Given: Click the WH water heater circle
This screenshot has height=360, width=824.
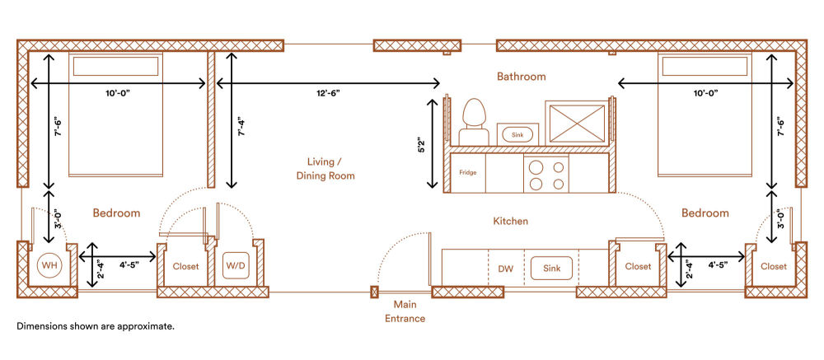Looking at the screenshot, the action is coord(50,266).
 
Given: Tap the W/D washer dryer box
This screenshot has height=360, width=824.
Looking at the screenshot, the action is coord(235,266).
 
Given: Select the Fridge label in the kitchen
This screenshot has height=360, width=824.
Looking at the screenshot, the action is coord(468,172).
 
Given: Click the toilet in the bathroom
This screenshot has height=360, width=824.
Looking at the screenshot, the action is coord(474,122).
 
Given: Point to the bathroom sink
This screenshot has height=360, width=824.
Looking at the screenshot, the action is coord(517,134).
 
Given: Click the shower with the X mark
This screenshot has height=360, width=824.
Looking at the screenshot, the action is coord(577,123).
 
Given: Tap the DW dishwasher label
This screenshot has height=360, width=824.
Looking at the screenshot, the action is coord(506,269).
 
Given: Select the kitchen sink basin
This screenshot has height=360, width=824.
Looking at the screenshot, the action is coord(551,268).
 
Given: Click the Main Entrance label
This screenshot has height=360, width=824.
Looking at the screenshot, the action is coord(405,311).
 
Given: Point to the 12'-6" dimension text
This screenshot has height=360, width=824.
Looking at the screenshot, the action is coord(329,93).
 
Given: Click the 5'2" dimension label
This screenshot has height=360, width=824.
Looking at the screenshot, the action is coord(420,144).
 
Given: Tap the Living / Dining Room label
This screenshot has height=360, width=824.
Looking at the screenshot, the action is coord(325,168).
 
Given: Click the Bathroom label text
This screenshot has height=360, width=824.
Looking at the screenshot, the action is coord(522,77).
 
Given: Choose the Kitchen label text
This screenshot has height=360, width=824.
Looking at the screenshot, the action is coord(510,222).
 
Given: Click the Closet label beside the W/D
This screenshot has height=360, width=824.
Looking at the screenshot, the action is coord(186,266).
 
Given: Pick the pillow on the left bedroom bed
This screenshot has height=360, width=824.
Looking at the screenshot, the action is coord(115,66).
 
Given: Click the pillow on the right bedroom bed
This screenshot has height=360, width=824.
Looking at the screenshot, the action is coord(705,66).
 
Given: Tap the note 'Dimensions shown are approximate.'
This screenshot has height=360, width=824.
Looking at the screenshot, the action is coord(95,326).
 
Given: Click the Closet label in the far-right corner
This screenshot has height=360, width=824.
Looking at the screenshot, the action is coord(774,266).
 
